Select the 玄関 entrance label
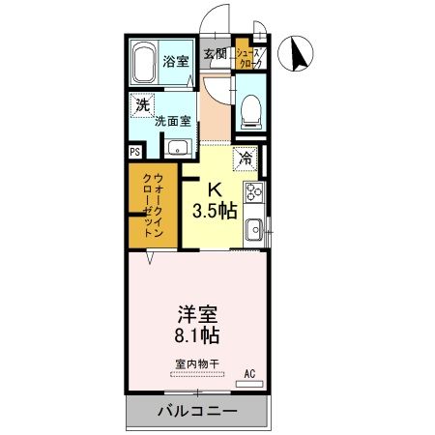215,53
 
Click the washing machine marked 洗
143,104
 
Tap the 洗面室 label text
173,122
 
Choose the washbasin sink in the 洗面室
177,147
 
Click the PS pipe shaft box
134,151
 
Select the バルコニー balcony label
196,412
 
